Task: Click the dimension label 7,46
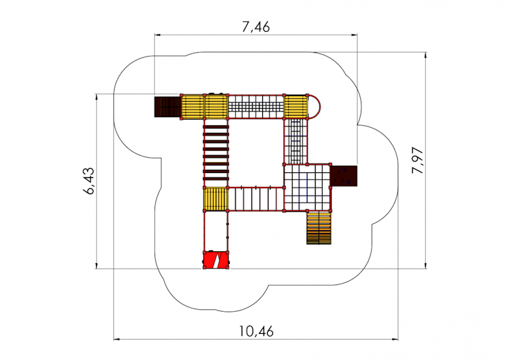click(x=256, y=27)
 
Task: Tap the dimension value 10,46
click(x=256, y=331)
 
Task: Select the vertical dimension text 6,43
click(x=89, y=181)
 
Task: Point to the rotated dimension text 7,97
click(x=417, y=160)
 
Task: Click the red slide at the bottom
click(x=216, y=260)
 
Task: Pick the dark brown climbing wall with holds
click(x=344, y=176)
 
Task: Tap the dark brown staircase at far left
click(x=167, y=107)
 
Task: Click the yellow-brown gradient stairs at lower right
click(x=319, y=228)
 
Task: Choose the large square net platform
click(x=307, y=188)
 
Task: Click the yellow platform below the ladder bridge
click(x=216, y=199)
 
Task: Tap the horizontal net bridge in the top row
click(x=256, y=106)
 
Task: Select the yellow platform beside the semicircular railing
click(x=296, y=106)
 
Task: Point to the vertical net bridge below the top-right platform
click(x=296, y=142)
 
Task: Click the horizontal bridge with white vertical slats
click(x=256, y=199)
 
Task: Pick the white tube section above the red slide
click(x=216, y=231)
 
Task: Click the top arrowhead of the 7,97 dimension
click(x=426, y=55)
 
